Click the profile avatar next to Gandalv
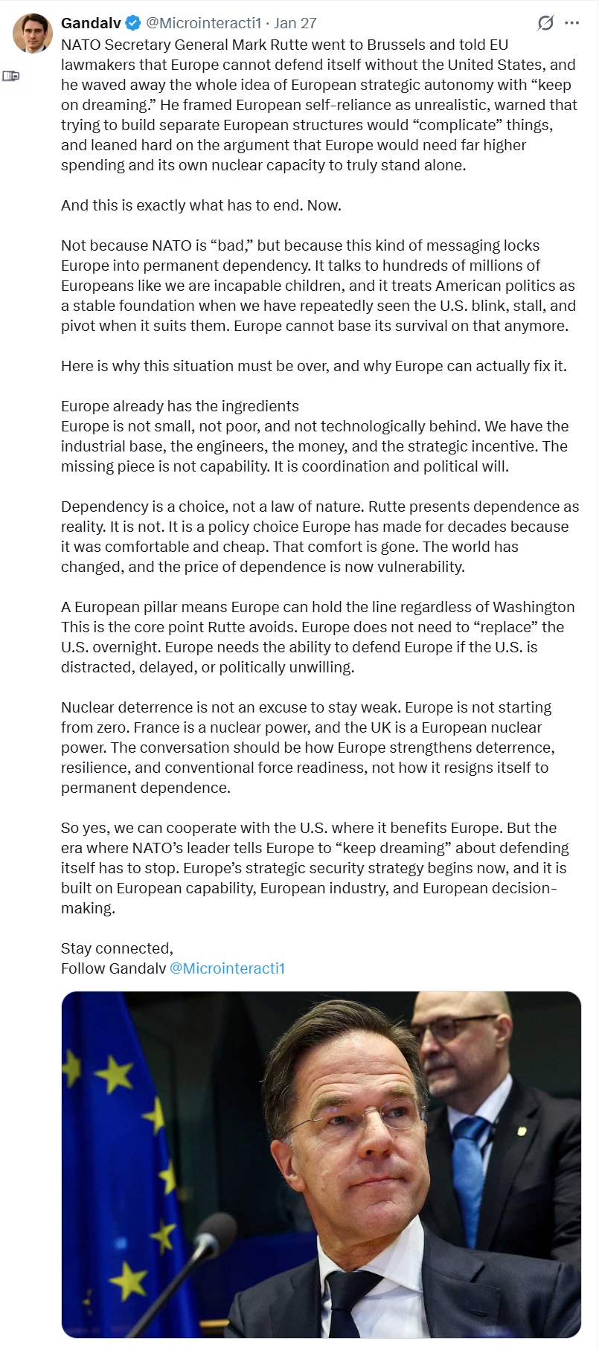32,33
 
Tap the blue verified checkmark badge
133,23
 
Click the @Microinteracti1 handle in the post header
204,23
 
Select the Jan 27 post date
295,23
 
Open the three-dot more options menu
571,23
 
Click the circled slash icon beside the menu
545,23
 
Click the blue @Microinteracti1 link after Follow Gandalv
227,968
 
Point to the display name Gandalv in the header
91,23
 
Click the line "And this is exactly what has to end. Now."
201,205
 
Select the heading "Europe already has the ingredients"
179,406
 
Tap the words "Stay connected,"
117,948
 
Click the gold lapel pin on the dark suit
522,1131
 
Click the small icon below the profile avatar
11,76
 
